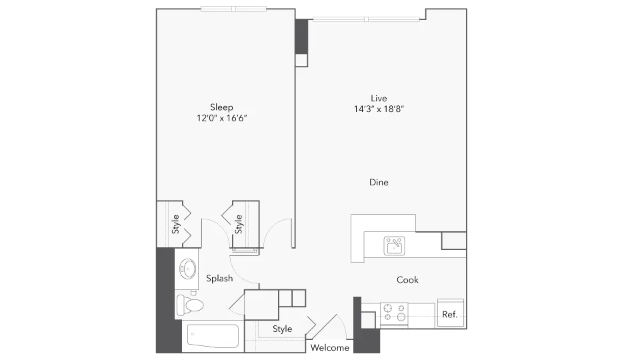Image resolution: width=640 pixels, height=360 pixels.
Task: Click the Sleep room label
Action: tap(221, 107)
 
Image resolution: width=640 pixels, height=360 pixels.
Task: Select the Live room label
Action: tap(379, 98)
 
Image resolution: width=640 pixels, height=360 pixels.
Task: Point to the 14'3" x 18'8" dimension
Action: tap(379, 109)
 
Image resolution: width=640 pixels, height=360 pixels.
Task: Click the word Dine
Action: tap(379, 182)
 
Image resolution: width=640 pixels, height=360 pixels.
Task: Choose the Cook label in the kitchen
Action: tap(407, 280)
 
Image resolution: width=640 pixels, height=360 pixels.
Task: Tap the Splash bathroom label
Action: tap(219, 278)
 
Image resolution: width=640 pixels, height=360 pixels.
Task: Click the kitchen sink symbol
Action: tap(394, 245)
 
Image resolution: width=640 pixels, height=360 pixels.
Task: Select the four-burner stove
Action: tap(393, 313)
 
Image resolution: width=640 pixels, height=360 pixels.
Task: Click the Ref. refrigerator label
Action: tap(450, 315)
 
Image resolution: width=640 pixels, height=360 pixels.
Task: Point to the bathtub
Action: tap(212, 337)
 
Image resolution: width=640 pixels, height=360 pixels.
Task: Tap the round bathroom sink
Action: tap(187, 270)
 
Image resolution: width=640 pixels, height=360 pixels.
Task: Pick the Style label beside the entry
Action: tap(282, 329)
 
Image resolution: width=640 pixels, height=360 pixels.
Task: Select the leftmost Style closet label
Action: tap(175, 223)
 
